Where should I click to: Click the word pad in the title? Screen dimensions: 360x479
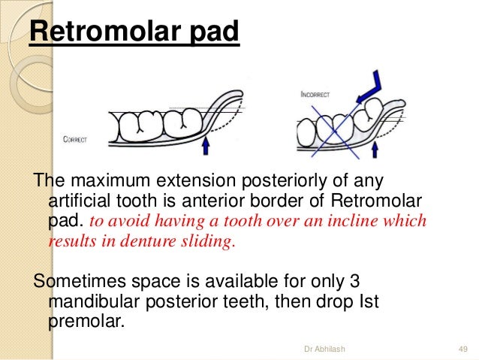[x=214, y=32]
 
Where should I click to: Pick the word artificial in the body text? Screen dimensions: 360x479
[x=80, y=201]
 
